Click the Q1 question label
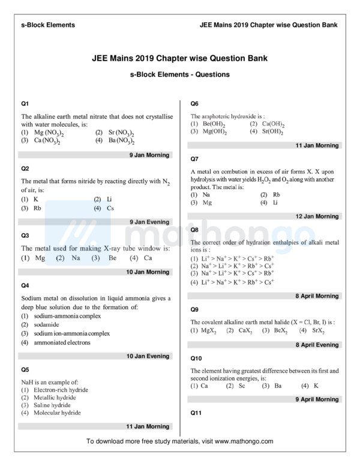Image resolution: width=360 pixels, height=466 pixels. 25,103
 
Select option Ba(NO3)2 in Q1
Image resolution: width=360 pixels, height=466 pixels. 121,141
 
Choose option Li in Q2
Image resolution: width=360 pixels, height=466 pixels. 109,199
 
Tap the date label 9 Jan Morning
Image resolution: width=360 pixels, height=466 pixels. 149,155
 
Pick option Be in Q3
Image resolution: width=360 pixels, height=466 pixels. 112,258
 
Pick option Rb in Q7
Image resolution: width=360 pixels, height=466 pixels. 276,195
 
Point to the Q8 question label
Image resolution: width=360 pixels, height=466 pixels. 194,229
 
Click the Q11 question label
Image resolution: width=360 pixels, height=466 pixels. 195,413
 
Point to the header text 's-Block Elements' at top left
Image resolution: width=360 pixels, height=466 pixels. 48,25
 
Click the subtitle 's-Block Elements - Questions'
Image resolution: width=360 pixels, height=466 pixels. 179,75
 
